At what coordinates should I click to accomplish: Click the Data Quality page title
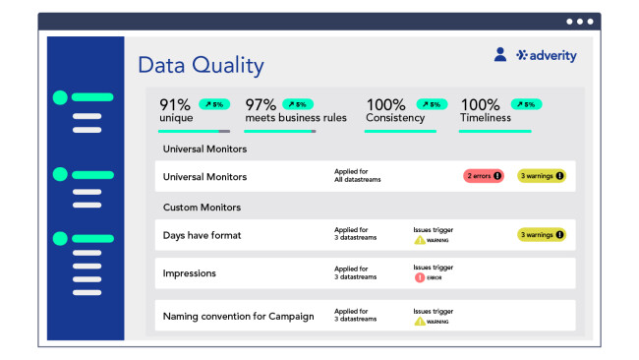tap(201, 66)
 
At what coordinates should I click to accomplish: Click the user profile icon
tap(500, 56)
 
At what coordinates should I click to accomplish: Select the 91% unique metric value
tap(175, 104)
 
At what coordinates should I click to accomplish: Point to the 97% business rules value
tap(261, 104)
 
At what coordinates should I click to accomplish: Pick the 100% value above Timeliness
tap(481, 104)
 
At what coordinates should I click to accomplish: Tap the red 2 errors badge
tap(483, 176)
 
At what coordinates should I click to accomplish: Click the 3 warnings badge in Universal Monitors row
tap(542, 176)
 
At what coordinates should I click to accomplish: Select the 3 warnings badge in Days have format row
tap(542, 234)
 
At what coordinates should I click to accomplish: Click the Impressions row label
tap(190, 272)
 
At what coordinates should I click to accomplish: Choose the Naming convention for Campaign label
tap(238, 316)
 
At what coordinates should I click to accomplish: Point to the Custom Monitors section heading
tap(202, 208)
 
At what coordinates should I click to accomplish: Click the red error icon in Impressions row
tap(420, 277)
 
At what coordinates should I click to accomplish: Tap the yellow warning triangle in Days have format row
tap(420, 240)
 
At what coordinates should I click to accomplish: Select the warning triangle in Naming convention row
tap(420, 321)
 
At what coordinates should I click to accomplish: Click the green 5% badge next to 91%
tap(214, 104)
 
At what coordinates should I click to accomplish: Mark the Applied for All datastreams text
tap(357, 176)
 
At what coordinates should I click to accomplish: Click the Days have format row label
tap(202, 235)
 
